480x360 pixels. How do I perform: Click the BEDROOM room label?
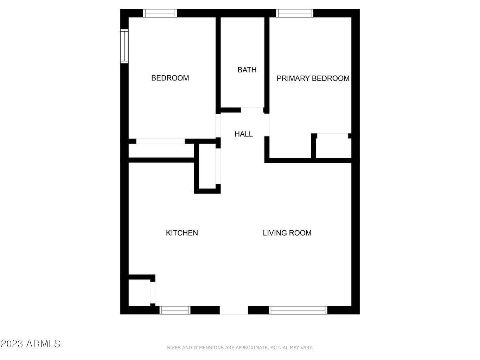coord(170,78)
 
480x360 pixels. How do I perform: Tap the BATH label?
coord(247,70)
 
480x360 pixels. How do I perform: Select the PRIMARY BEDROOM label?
coord(313,78)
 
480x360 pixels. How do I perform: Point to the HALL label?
coord(243,134)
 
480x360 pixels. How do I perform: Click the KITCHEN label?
coord(182,233)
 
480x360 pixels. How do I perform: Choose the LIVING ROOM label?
coord(287,233)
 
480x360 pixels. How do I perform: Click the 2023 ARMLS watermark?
coord(31,343)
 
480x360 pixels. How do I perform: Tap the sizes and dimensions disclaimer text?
coord(239,348)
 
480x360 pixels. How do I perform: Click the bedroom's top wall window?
coord(160,13)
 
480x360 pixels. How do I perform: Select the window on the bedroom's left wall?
coord(124,46)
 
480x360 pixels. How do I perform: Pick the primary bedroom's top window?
coord(295,13)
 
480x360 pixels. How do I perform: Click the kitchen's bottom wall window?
coord(175,310)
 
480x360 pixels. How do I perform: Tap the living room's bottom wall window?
coord(298,310)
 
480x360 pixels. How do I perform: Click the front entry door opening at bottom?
coord(234,310)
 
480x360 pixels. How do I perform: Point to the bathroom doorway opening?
coord(252,110)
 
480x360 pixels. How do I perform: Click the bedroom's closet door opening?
coord(160,141)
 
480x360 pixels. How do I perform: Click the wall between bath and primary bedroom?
coord(267,63)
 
